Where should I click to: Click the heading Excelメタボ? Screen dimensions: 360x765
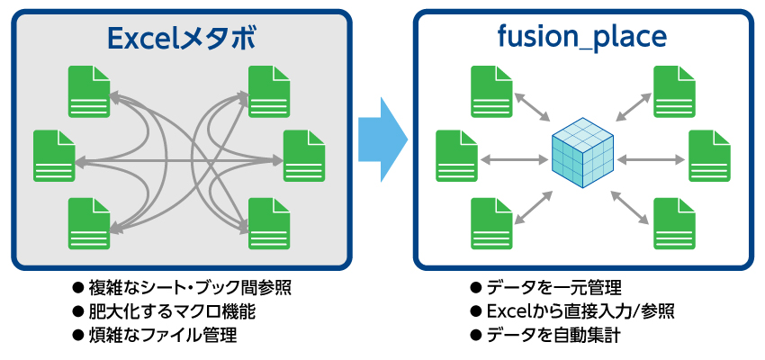coord(181,38)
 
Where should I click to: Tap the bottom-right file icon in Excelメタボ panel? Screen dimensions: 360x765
coord(268,222)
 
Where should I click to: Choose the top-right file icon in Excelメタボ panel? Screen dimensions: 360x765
coord(268,89)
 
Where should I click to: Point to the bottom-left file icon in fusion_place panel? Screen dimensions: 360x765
coord(490,222)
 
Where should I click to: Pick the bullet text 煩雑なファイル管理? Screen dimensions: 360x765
coord(163,336)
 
